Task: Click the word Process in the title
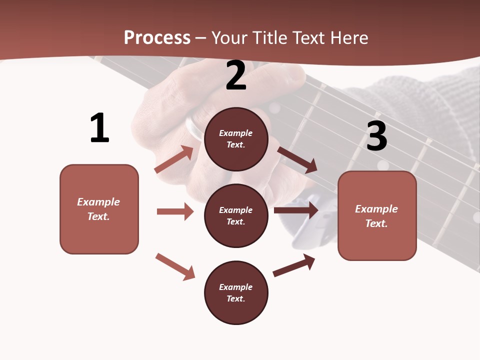[157, 37]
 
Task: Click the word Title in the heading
[269, 37]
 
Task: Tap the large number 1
[99, 128]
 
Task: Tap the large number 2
[236, 75]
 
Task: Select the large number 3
[376, 136]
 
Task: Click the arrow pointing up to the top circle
[174, 159]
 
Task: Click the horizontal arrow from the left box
[175, 211]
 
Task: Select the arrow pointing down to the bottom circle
[175, 266]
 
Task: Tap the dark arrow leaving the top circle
[297, 160]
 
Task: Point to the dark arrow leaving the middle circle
[296, 210]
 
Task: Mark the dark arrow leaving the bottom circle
[294, 265]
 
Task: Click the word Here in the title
[349, 37]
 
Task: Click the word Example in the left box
[98, 202]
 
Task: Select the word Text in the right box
[375, 223]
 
